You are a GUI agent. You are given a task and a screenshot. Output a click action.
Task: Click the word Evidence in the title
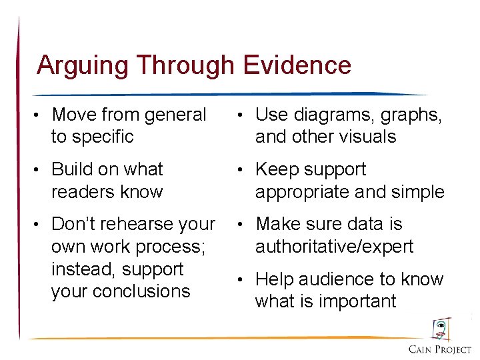click(x=297, y=65)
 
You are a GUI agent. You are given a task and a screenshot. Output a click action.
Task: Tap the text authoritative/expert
click(x=334, y=247)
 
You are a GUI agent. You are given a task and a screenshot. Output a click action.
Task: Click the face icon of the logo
click(x=441, y=329)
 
